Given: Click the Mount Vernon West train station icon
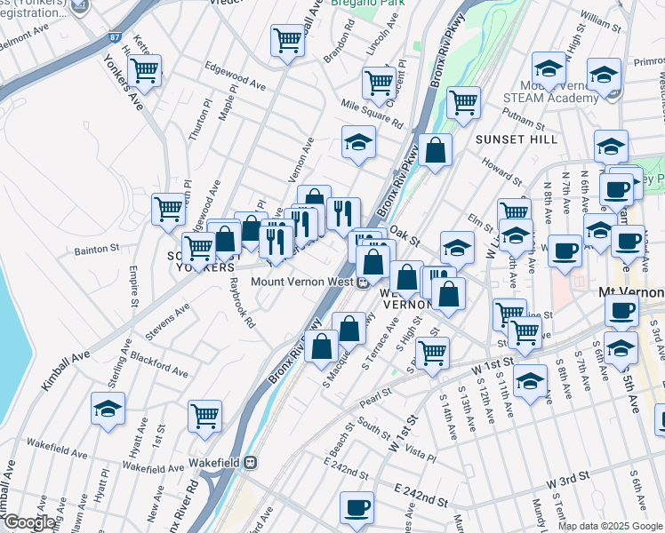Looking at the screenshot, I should point(363,283).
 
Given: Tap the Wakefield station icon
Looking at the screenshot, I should point(252,461).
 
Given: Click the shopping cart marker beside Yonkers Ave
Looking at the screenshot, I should point(143,72).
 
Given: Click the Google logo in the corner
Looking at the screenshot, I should point(29,522).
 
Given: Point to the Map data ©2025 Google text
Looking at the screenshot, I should point(610,526).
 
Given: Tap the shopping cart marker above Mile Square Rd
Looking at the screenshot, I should point(379,84).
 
